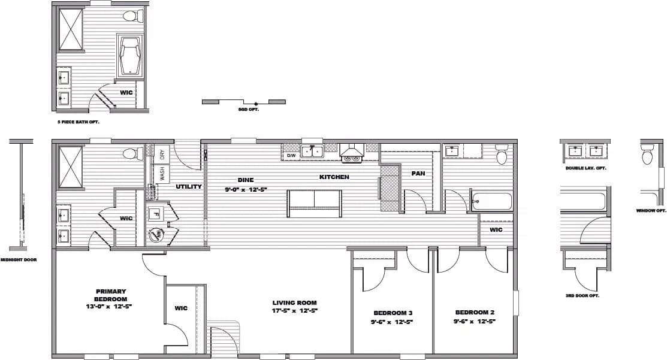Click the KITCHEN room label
334,177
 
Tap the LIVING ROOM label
294,303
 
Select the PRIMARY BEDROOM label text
111,295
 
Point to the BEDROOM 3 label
393,313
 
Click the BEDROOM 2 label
475,312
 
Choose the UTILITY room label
188,187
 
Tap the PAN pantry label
418,174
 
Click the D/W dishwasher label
291,156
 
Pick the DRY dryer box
162,154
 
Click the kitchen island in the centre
315,204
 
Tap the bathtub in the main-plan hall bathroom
491,201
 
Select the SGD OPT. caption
248,110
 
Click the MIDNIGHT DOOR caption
19,260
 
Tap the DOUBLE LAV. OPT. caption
585,168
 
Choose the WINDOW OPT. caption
651,211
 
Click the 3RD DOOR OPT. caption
582,296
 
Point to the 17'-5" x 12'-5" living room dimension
294,311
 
